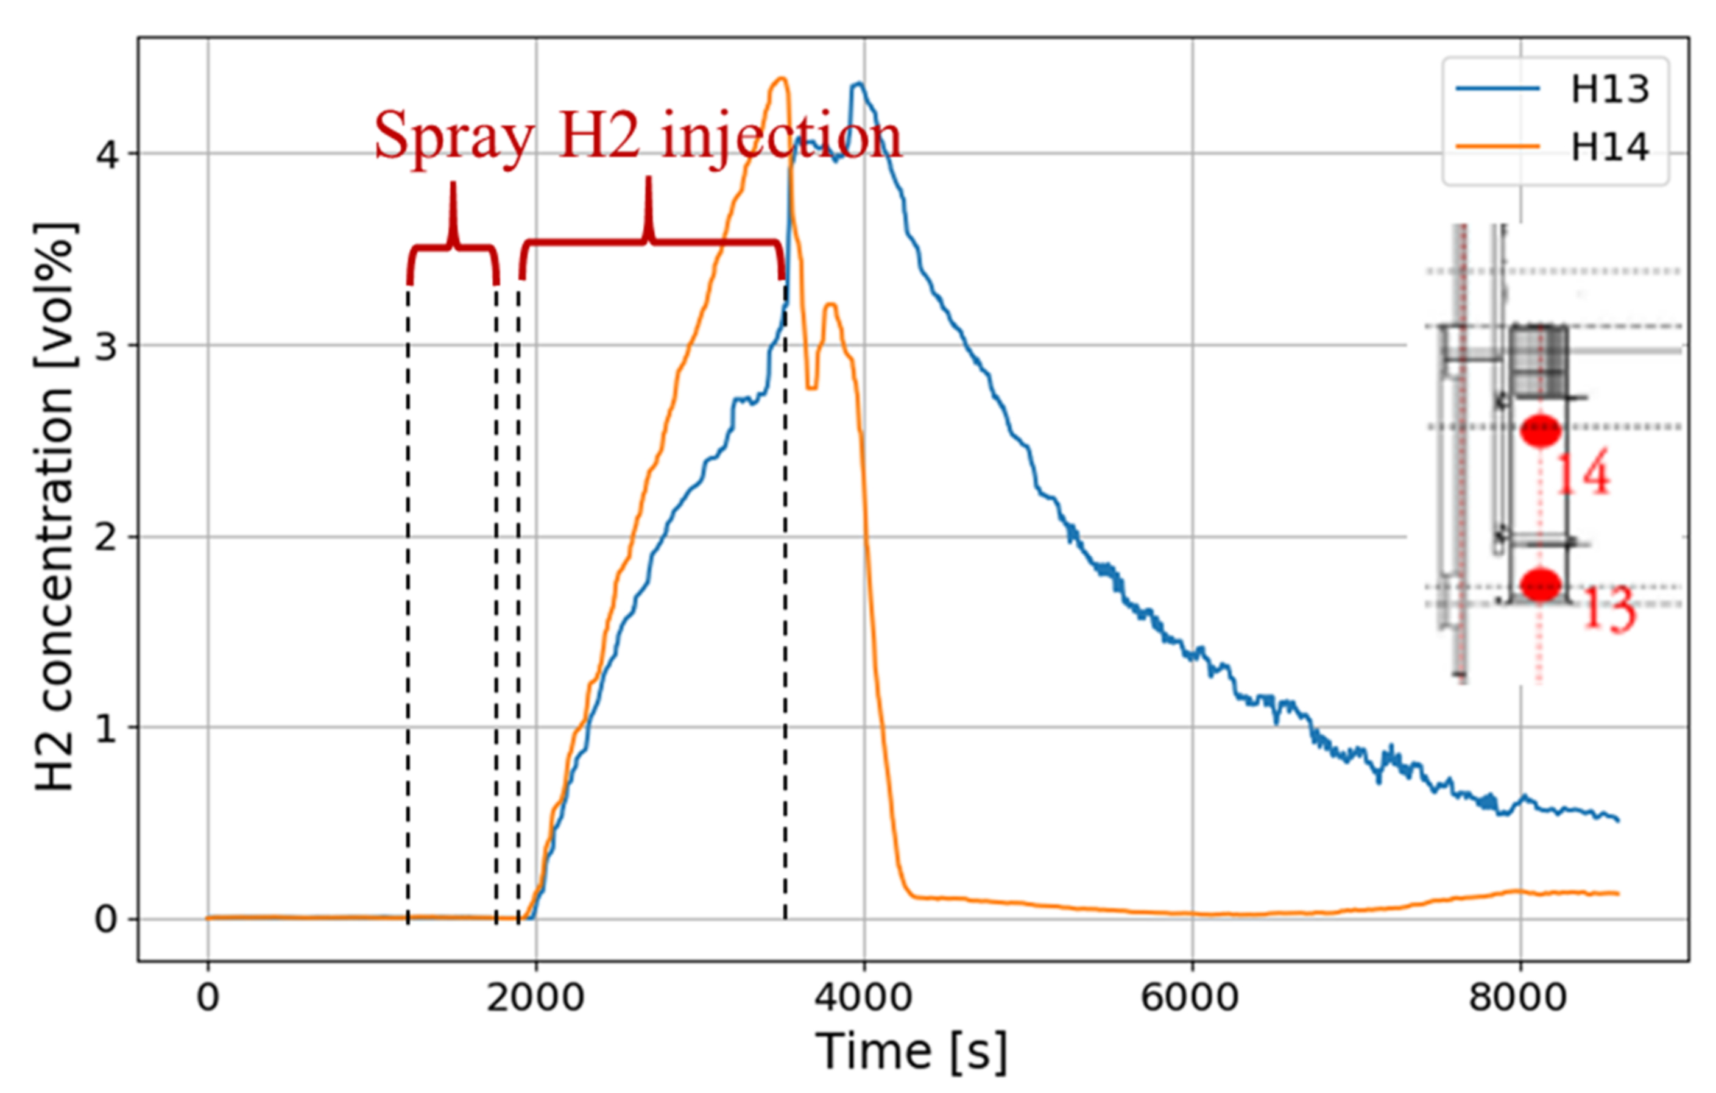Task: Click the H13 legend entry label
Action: [1610, 90]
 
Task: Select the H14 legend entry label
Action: [1610, 147]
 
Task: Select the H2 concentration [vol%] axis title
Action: [55, 506]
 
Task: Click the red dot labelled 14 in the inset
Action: [1541, 430]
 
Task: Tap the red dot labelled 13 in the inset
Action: [1541, 584]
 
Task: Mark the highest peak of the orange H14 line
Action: [782, 79]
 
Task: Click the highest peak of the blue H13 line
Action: [860, 84]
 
